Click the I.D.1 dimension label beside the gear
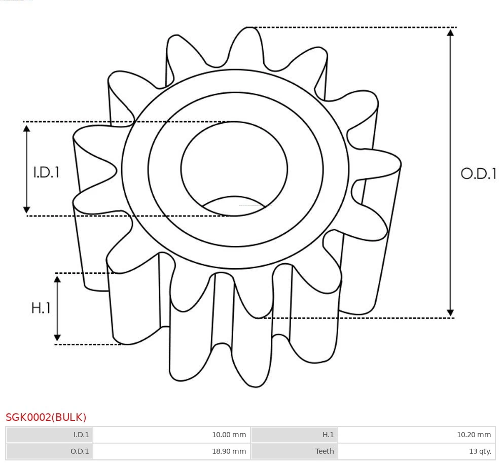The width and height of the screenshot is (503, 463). [x=47, y=172]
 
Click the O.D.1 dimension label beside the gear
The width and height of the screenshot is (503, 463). [x=478, y=174]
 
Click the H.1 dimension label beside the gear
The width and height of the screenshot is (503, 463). [x=41, y=308]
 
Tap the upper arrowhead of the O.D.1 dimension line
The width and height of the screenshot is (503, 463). [x=450, y=32]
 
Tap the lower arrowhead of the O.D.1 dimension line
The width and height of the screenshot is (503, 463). [x=450, y=312]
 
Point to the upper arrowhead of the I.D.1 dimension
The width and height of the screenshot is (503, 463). [x=27, y=128]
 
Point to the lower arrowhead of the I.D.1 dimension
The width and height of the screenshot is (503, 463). [x=27, y=209]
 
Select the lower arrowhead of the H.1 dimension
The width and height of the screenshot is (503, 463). [x=57, y=338]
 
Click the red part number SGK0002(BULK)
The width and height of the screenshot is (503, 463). [x=46, y=417]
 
